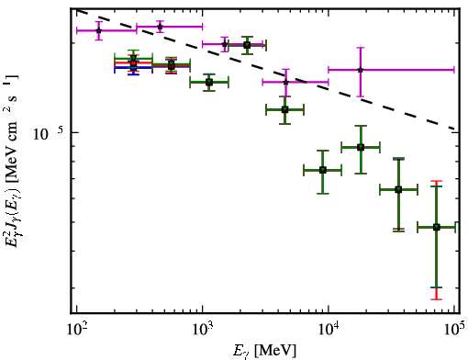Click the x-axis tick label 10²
pyautogui.click(x=76, y=331)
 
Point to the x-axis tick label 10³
pyautogui.click(x=203, y=331)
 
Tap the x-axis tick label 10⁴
pyautogui.click(x=329, y=331)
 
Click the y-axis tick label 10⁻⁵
pyautogui.click(x=49, y=133)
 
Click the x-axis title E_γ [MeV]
pyautogui.click(x=264, y=351)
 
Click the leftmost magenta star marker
pyautogui.click(x=98, y=30)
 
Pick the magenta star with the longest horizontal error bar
pyautogui.click(x=361, y=70)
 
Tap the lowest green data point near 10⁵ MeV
pyautogui.click(x=437, y=227)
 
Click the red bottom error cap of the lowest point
pyautogui.click(x=437, y=299)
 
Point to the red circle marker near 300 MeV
pyautogui.click(x=133, y=62)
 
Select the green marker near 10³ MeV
pyautogui.click(x=209, y=82)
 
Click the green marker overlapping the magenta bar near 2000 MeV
pyautogui.click(x=247, y=45)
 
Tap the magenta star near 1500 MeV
pyautogui.click(x=225, y=44)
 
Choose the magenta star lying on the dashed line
pyautogui.click(x=285, y=82)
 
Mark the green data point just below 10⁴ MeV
pyautogui.click(x=323, y=170)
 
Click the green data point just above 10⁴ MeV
pyautogui.click(x=361, y=148)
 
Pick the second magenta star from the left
pyautogui.click(x=160, y=27)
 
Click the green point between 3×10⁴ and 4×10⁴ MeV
pyautogui.click(x=398, y=190)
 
